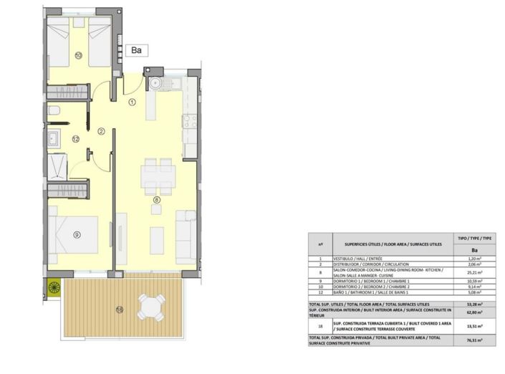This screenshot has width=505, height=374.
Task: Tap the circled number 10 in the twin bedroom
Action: coord(78,54)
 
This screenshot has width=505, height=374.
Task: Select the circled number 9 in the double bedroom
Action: coord(76,234)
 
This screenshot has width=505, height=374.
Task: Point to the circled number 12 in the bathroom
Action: coord(75,139)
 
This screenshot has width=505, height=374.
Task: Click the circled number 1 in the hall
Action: coord(132,102)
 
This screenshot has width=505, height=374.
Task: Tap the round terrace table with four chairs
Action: coord(151,307)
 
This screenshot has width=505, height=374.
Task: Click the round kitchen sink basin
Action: coord(154,83)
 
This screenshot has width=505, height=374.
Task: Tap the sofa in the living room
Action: coord(186,236)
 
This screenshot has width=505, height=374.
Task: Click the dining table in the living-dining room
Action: coord(158,176)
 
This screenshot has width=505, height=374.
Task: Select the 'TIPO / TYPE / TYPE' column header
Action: coord(473,237)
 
